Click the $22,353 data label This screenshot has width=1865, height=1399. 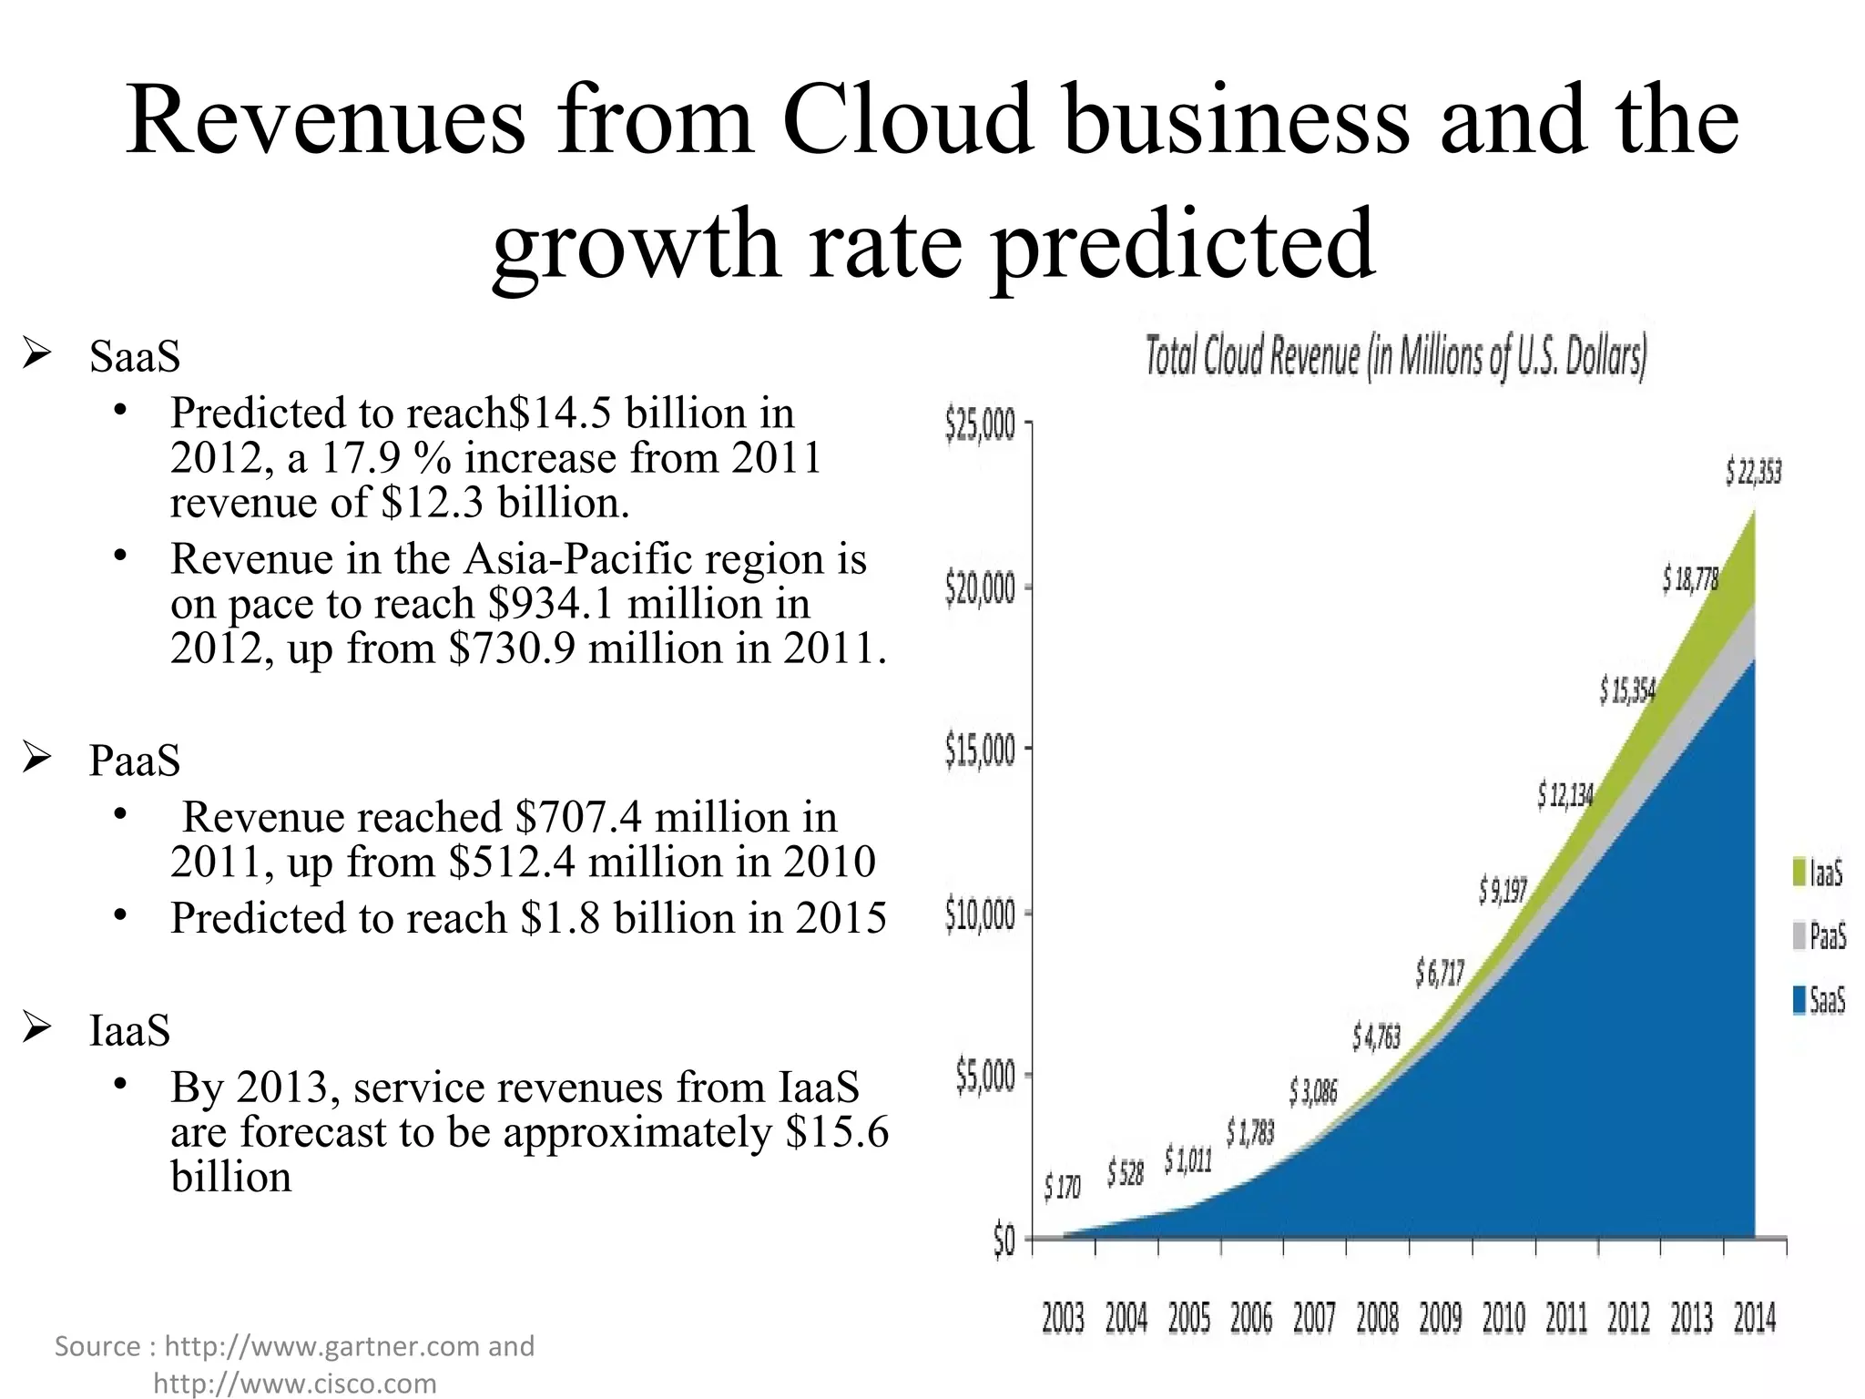tap(1753, 474)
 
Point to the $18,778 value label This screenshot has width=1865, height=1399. tap(1690, 579)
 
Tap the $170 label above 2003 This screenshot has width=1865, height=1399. tap(1062, 1187)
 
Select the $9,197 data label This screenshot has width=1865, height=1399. tap(1503, 890)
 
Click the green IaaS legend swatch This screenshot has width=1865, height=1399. tap(1799, 873)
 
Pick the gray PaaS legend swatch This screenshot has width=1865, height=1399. tap(1799, 936)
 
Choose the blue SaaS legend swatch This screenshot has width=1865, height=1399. tap(1799, 1001)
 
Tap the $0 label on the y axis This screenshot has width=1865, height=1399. tap(1004, 1242)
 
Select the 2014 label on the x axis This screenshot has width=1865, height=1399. tap(1755, 1318)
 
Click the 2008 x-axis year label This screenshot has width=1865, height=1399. tap(1377, 1318)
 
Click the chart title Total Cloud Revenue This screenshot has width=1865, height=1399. tap(1395, 357)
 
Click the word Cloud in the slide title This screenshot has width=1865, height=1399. tap(907, 121)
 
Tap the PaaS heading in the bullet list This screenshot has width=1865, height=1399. tap(135, 760)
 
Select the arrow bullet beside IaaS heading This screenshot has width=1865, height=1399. tap(38, 1030)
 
